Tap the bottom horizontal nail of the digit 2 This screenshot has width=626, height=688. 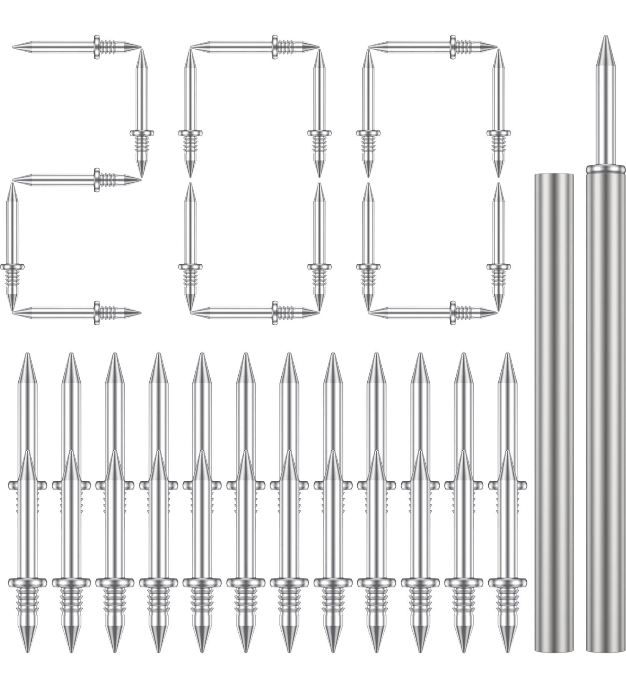point(75,312)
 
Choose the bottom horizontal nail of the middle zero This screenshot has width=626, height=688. point(255,312)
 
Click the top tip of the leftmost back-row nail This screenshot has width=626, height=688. point(28,355)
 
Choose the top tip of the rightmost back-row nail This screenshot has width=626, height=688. point(507,355)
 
